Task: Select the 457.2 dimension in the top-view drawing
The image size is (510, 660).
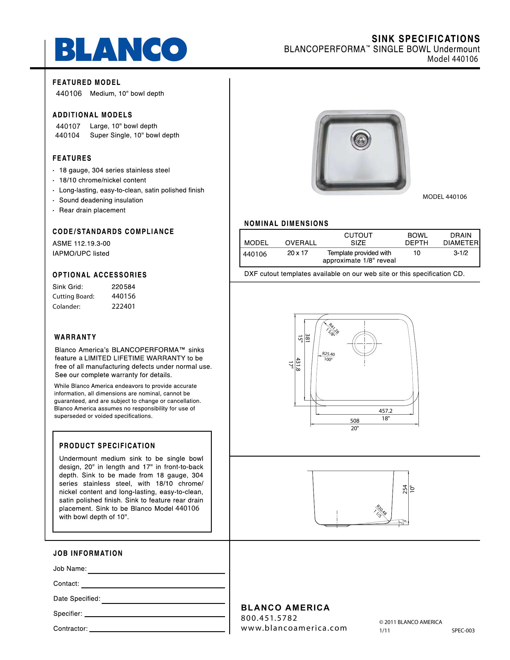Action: (385, 411)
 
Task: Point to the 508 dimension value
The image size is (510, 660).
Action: (354, 421)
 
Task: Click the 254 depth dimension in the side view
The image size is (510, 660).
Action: (405, 490)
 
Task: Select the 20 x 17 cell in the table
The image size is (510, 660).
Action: (297, 253)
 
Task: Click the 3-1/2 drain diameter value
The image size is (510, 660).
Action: (460, 253)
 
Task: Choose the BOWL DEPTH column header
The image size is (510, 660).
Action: (417, 239)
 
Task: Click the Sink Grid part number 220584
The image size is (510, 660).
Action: (123, 286)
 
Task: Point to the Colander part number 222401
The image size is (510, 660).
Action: (123, 306)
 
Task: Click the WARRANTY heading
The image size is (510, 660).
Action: (75, 337)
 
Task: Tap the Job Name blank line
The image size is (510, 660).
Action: (156, 572)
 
